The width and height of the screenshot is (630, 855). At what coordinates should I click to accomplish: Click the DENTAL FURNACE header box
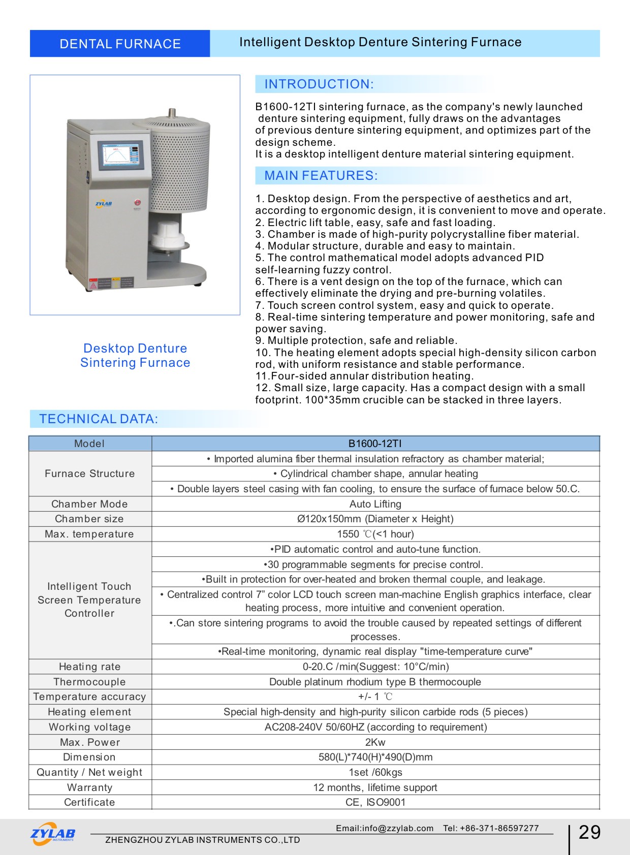tap(120, 44)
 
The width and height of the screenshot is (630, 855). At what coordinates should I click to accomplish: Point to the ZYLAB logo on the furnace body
tap(104, 204)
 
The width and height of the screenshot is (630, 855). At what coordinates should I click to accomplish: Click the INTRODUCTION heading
tap(319, 84)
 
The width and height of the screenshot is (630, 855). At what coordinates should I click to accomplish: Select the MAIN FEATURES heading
tap(321, 176)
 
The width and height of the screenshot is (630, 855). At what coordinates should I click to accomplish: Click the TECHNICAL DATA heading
tap(99, 419)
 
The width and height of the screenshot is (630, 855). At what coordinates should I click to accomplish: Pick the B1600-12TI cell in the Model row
tap(375, 444)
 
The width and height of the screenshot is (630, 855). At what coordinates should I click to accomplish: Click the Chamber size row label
tap(89, 519)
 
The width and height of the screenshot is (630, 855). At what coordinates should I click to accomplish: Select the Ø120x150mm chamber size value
tap(375, 519)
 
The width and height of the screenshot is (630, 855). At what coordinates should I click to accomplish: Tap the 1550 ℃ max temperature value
tap(375, 534)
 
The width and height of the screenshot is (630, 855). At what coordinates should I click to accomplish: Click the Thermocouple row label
tap(89, 682)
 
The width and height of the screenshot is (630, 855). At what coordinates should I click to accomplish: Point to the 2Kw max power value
tap(375, 742)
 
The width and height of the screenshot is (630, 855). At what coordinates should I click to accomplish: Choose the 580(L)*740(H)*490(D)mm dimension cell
tap(375, 757)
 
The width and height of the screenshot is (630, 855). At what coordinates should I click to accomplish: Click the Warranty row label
tap(89, 787)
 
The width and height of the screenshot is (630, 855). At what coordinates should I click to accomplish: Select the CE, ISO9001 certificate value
tap(375, 802)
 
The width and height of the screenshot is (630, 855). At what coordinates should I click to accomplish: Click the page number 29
tap(589, 832)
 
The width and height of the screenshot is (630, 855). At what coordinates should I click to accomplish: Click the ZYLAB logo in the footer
tap(53, 834)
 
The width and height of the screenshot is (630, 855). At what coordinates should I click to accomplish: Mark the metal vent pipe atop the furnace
tap(172, 112)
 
